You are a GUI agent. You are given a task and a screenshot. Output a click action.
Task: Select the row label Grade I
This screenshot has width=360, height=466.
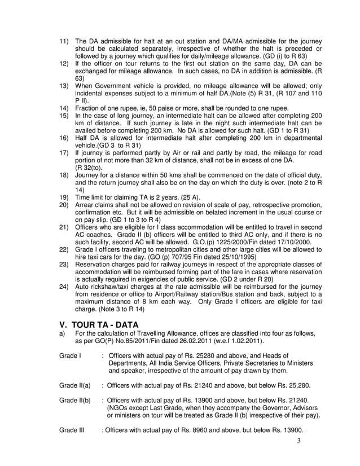pos(70,355)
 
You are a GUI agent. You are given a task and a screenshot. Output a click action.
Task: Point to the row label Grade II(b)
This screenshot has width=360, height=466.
pos(74,400)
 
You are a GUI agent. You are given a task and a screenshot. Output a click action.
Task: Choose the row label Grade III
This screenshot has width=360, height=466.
pos(72,430)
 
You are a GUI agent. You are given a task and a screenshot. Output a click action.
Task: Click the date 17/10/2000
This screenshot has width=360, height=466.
pos(302,241)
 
